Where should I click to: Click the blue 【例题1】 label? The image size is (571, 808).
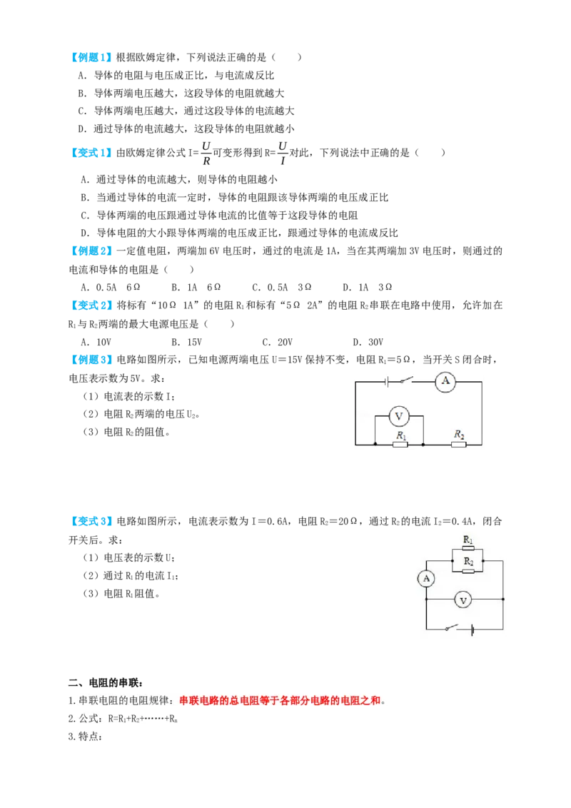pos(91,57)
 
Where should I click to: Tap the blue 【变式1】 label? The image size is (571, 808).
pos(91,153)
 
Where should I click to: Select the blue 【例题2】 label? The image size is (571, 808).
pos(91,251)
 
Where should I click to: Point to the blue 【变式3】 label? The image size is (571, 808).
pos(91,521)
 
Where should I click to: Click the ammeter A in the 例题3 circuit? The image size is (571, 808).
pos(445,382)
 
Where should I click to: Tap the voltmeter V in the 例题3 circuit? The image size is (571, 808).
pos(398,416)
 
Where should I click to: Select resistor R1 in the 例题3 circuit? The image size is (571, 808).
pos(400,444)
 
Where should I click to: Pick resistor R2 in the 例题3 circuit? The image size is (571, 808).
pos(459,444)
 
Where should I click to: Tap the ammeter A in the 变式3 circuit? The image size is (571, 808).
pos(426,578)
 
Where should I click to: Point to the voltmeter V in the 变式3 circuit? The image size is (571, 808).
pos(463,600)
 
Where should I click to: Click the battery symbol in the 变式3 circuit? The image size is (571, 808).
pos(472,629)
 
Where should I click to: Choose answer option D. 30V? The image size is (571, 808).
pos(368,342)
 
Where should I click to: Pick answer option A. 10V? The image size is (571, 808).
pos(96,342)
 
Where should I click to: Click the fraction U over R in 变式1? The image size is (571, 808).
pos(206,153)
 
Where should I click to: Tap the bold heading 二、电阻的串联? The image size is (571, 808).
pos(106,683)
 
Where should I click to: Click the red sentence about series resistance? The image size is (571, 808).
pos(281,700)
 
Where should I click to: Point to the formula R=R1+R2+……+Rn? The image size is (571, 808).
pos(143,719)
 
